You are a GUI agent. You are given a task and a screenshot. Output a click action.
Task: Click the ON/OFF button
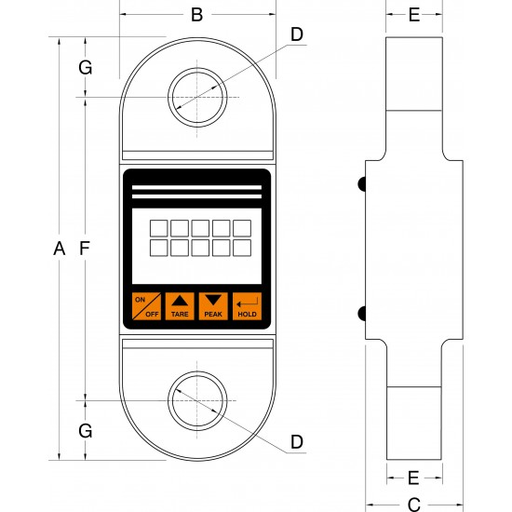tap(146, 306)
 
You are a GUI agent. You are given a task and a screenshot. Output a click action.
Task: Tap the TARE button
tap(180, 306)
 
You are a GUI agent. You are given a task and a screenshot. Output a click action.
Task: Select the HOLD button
tap(248, 306)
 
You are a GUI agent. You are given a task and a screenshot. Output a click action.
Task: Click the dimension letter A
tap(59, 249)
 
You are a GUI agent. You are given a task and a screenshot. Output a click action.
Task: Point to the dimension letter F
tap(85, 249)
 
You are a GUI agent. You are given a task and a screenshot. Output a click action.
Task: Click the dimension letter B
tap(197, 15)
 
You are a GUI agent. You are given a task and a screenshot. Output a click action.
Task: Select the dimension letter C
tap(414, 505)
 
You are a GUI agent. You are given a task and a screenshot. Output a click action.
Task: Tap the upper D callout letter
tap(297, 34)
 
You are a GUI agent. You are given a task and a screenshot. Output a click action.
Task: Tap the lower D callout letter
tap(297, 442)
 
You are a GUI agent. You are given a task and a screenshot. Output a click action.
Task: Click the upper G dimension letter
tap(86, 68)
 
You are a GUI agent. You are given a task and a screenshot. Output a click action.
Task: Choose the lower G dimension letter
tap(86, 431)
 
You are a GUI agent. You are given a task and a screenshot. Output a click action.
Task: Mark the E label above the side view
tap(414, 15)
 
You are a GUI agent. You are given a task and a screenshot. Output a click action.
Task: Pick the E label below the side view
tap(413, 478)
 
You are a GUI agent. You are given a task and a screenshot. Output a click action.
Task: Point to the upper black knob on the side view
tap(362, 184)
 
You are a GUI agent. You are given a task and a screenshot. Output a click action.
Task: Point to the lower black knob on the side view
tap(362, 314)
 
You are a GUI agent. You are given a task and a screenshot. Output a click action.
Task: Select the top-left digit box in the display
tap(158, 228)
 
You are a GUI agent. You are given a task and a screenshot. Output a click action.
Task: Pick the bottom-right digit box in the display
tap(242, 248)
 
